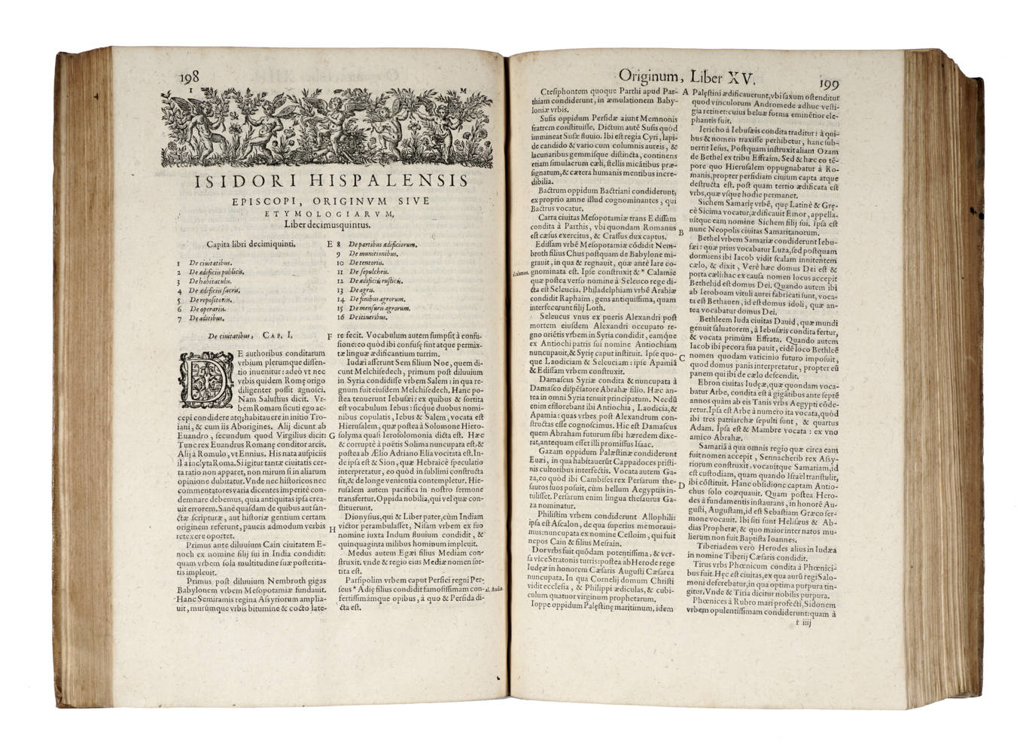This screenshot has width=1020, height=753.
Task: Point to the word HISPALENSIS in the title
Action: click(x=376, y=182)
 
